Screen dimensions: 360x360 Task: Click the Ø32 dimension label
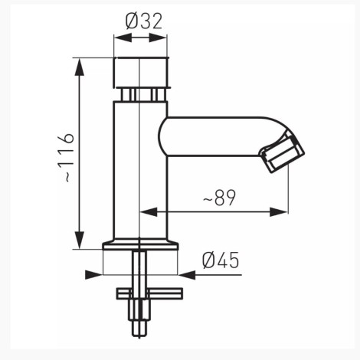[144, 21]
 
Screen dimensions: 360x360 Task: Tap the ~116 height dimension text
[66, 158]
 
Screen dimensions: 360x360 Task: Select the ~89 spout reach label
[219, 198]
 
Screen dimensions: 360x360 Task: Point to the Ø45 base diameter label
[221, 260]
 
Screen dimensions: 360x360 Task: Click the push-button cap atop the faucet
[141, 72]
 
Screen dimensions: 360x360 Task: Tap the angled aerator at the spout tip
[282, 152]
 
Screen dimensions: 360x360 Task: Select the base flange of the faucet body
[140, 244]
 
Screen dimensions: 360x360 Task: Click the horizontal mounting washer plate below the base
[149, 293]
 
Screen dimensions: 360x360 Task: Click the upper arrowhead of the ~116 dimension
[80, 67]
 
